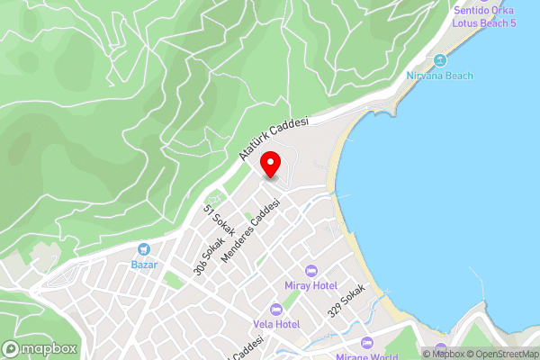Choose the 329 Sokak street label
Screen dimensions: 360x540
tap(346, 300)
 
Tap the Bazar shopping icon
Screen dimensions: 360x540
tap(144, 249)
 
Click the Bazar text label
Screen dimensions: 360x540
tap(144, 265)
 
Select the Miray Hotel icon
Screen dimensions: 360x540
tap(312, 270)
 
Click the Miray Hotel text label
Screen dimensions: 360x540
tap(312, 285)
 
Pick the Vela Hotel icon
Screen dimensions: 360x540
tap(275, 309)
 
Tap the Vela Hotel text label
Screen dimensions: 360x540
tap(275, 324)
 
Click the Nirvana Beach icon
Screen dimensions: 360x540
tap(440, 60)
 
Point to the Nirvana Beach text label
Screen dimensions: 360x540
tap(440, 76)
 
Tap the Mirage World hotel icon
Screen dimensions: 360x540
tap(366, 343)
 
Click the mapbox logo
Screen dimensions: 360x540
tap(40, 348)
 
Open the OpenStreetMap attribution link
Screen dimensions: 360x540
tap(500, 354)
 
